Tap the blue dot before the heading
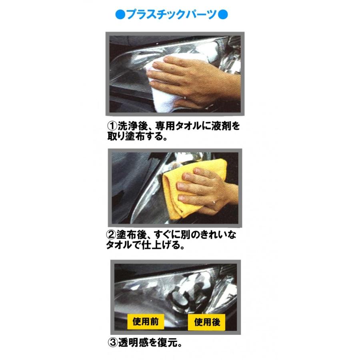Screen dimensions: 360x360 (119, 15)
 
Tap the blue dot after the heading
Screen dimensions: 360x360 (224, 15)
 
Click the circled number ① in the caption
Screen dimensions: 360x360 (111, 126)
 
